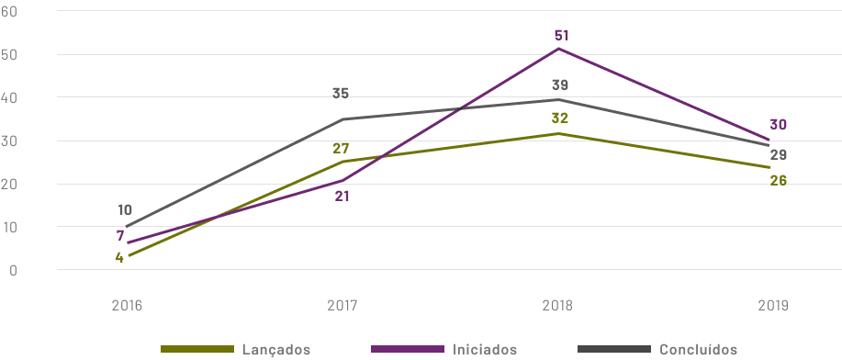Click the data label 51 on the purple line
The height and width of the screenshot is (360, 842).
click(561, 36)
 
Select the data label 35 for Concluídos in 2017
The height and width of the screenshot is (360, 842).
click(341, 94)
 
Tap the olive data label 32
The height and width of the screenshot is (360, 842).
click(559, 118)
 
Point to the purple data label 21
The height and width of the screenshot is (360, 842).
click(342, 196)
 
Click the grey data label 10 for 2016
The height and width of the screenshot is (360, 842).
click(125, 210)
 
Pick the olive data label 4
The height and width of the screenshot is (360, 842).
click(119, 257)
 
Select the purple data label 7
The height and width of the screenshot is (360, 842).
click(120, 236)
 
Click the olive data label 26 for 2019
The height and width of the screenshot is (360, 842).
click(779, 180)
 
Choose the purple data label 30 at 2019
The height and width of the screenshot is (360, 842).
click(779, 125)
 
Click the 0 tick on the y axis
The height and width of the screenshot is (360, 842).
click(14, 270)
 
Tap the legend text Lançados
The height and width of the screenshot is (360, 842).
click(276, 350)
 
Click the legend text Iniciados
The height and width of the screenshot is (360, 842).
click(485, 350)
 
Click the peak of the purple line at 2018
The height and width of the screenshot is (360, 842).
click(559, 49)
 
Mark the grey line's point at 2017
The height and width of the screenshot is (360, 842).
click(342, 119)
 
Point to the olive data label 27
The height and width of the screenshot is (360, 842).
click(342, 149)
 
